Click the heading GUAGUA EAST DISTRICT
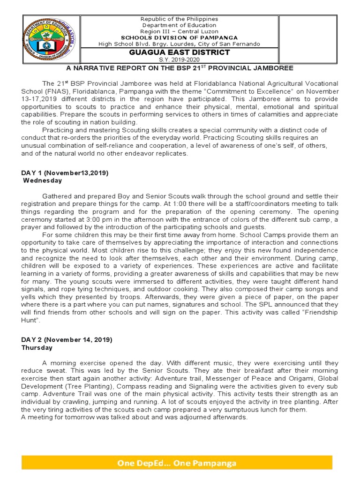180,52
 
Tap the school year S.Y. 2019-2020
180,60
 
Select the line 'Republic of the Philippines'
180,19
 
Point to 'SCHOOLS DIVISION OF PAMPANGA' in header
180,37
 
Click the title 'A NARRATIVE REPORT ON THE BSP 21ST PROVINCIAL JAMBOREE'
180,68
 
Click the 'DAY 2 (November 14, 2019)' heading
67,339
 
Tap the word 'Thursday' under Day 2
37,348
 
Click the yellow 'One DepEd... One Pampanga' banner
177,463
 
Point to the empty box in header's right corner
305,32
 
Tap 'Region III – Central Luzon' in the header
180,31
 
